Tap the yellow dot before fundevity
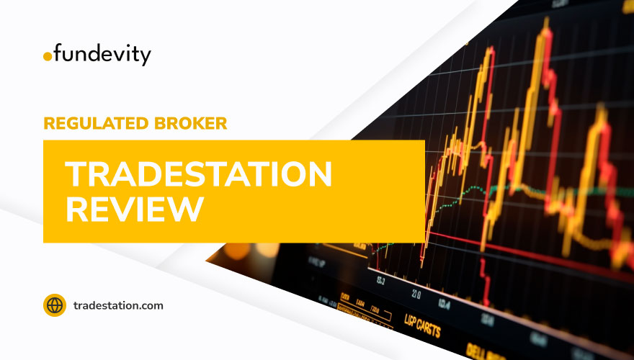tap(48, 56)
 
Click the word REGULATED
tap(92, 123)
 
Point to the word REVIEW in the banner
tap(134, 207)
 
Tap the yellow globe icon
tap(55, 305)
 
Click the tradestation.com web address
tap(118, 305)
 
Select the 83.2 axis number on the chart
tap(380, 280)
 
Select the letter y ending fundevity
tap(146, 58)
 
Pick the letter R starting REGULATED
tap(49, 123)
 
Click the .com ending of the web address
tap(151, 305)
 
